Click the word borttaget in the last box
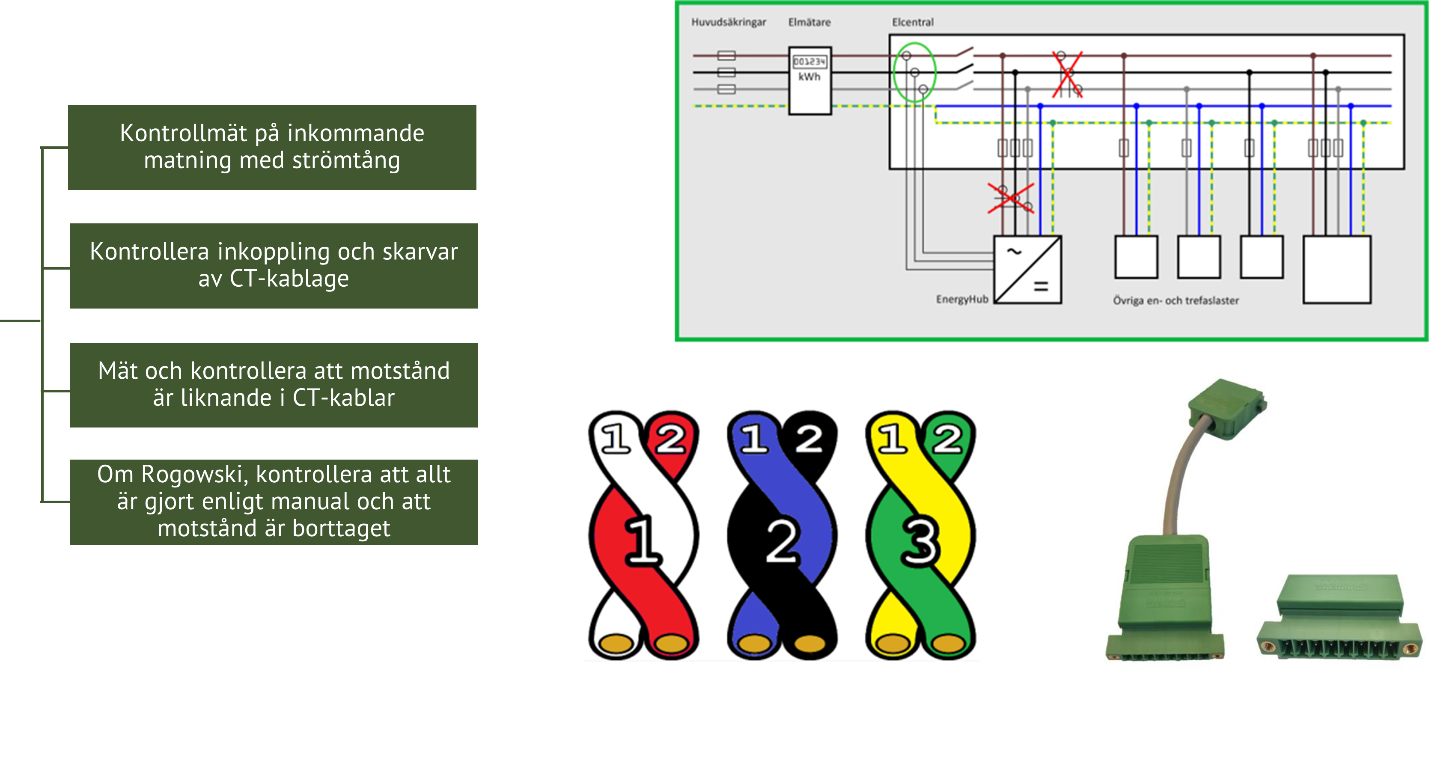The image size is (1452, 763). point(341,528)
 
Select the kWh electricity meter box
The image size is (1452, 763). point(809,80)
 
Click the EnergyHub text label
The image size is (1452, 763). point(961,299)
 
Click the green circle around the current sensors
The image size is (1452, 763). point(914,72)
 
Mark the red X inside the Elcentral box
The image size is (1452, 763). point(1067,74)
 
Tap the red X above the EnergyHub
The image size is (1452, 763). point(1010,199)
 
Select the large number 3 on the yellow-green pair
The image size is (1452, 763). point(920,541)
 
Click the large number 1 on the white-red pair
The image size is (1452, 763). point(643,541)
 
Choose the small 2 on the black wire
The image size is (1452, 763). point(809,439)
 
